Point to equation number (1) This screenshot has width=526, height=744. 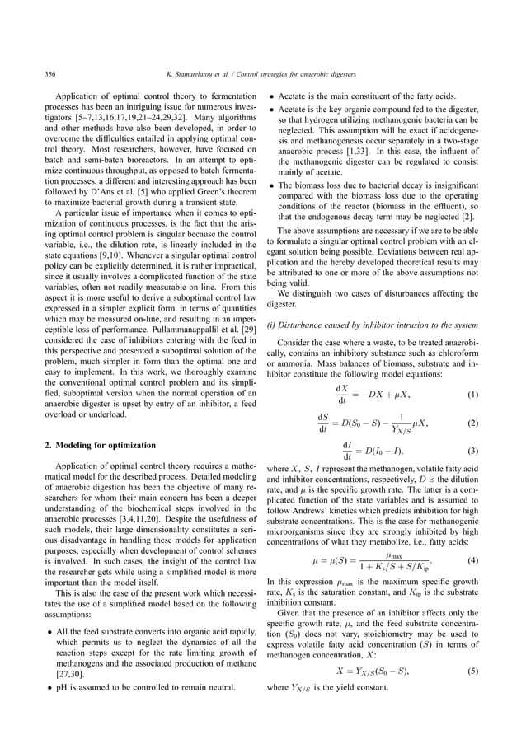pos(473,395)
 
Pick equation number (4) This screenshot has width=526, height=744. pos(473,562)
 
